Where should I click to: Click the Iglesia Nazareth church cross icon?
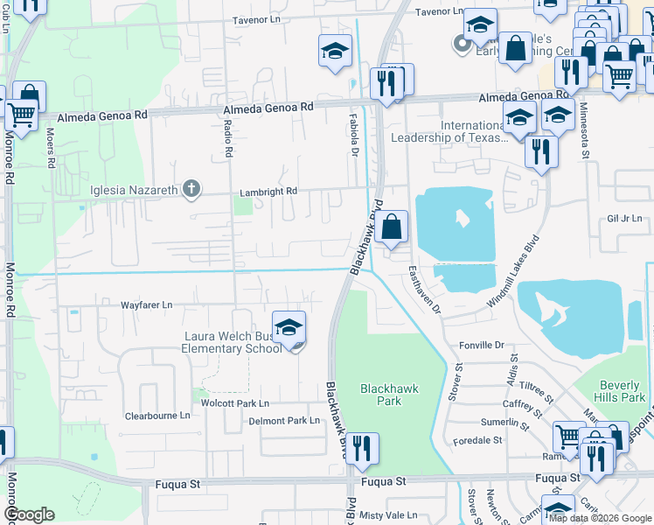[x=191, y=189]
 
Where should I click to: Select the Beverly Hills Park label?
[x=622, y=391]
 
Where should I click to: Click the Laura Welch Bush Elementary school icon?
[x=289, y=329]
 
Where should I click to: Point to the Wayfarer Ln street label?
[x=147, y=304]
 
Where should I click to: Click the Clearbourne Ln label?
[x=157, y=416]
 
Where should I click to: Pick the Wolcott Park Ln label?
[x=235, y=403]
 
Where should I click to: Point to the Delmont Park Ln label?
[x=285, y=421]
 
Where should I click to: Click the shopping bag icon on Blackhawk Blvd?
[x=393, y=227]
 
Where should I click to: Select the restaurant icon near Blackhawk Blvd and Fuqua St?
[x=362, y=450]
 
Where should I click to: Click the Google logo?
[x=29, y=514]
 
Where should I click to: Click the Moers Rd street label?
[x=50, y=148]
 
